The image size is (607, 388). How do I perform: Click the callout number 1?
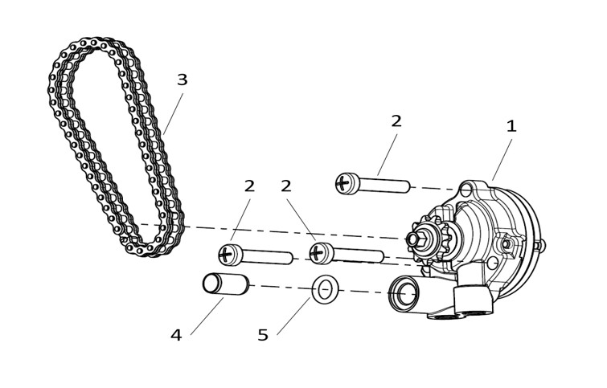click(511, 126)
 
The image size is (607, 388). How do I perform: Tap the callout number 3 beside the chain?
click(182, 80)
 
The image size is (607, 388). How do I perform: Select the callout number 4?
click(176, 335)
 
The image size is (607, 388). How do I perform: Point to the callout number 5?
click(263, 335)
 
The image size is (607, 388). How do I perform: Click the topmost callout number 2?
click(396, 121)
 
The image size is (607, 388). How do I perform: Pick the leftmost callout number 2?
click(249, 186)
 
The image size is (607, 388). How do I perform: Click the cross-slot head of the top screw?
click(344, 183)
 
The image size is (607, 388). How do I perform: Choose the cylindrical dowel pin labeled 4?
click(226, 284)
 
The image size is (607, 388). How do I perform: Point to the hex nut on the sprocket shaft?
click(416, 239)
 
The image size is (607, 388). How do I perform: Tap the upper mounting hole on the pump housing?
click(466, 190)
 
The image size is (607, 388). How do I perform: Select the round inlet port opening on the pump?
click(404, 294)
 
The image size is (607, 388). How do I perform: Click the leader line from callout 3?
click(173, 113)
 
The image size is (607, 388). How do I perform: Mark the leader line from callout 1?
click(502, 160)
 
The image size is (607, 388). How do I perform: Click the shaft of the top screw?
click(385, 186)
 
